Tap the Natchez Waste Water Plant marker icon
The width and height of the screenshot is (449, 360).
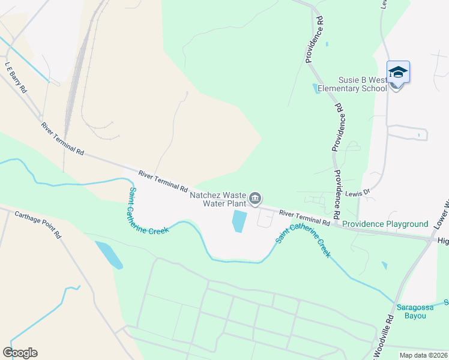255,198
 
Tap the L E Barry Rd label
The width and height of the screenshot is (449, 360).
16,77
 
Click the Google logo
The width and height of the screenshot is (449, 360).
20,353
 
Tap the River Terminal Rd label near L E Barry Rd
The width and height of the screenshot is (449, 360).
62,139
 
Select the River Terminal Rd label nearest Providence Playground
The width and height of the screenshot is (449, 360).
305,218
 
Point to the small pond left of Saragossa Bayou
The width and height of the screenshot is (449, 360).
384,265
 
